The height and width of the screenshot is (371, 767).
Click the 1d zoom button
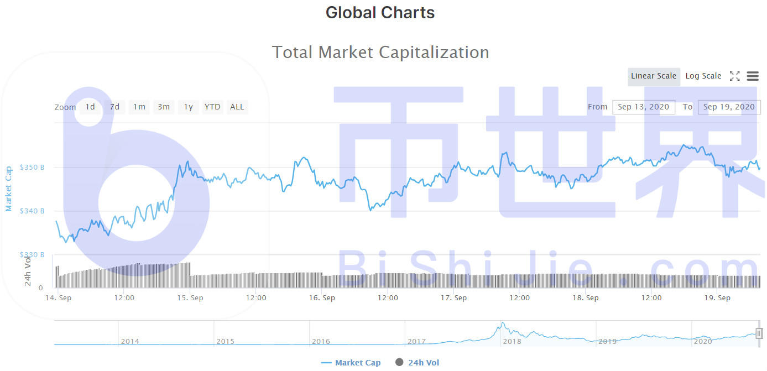tap(90, 107)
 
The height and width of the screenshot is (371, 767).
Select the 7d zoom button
tap(114, 107)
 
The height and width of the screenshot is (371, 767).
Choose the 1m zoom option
tap(139, 107)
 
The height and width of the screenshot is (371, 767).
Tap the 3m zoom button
tap(164, 107)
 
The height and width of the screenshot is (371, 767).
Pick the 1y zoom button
tap(189, 107)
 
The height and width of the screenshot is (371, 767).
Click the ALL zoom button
tap(237, 107)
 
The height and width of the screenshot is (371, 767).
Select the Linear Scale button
tap(654, 76)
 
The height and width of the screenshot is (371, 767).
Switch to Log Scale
tap(703, 76)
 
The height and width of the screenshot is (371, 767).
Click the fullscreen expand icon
tap(734, 76)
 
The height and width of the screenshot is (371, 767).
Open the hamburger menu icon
tap(753, 76)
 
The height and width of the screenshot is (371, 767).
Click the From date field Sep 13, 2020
tap(643, 107)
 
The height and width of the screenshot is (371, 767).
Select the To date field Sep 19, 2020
tap(729, 107)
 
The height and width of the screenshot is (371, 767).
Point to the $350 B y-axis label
tap(32, 167)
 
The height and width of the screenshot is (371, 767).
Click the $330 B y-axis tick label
tap(32, 255)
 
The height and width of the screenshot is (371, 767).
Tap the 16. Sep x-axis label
tap(322, 298)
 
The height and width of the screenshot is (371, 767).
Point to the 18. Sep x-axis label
tap(585, 298)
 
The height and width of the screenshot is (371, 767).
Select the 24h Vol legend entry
tap(418, 363)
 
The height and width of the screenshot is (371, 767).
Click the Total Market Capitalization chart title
tap(380, 53)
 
